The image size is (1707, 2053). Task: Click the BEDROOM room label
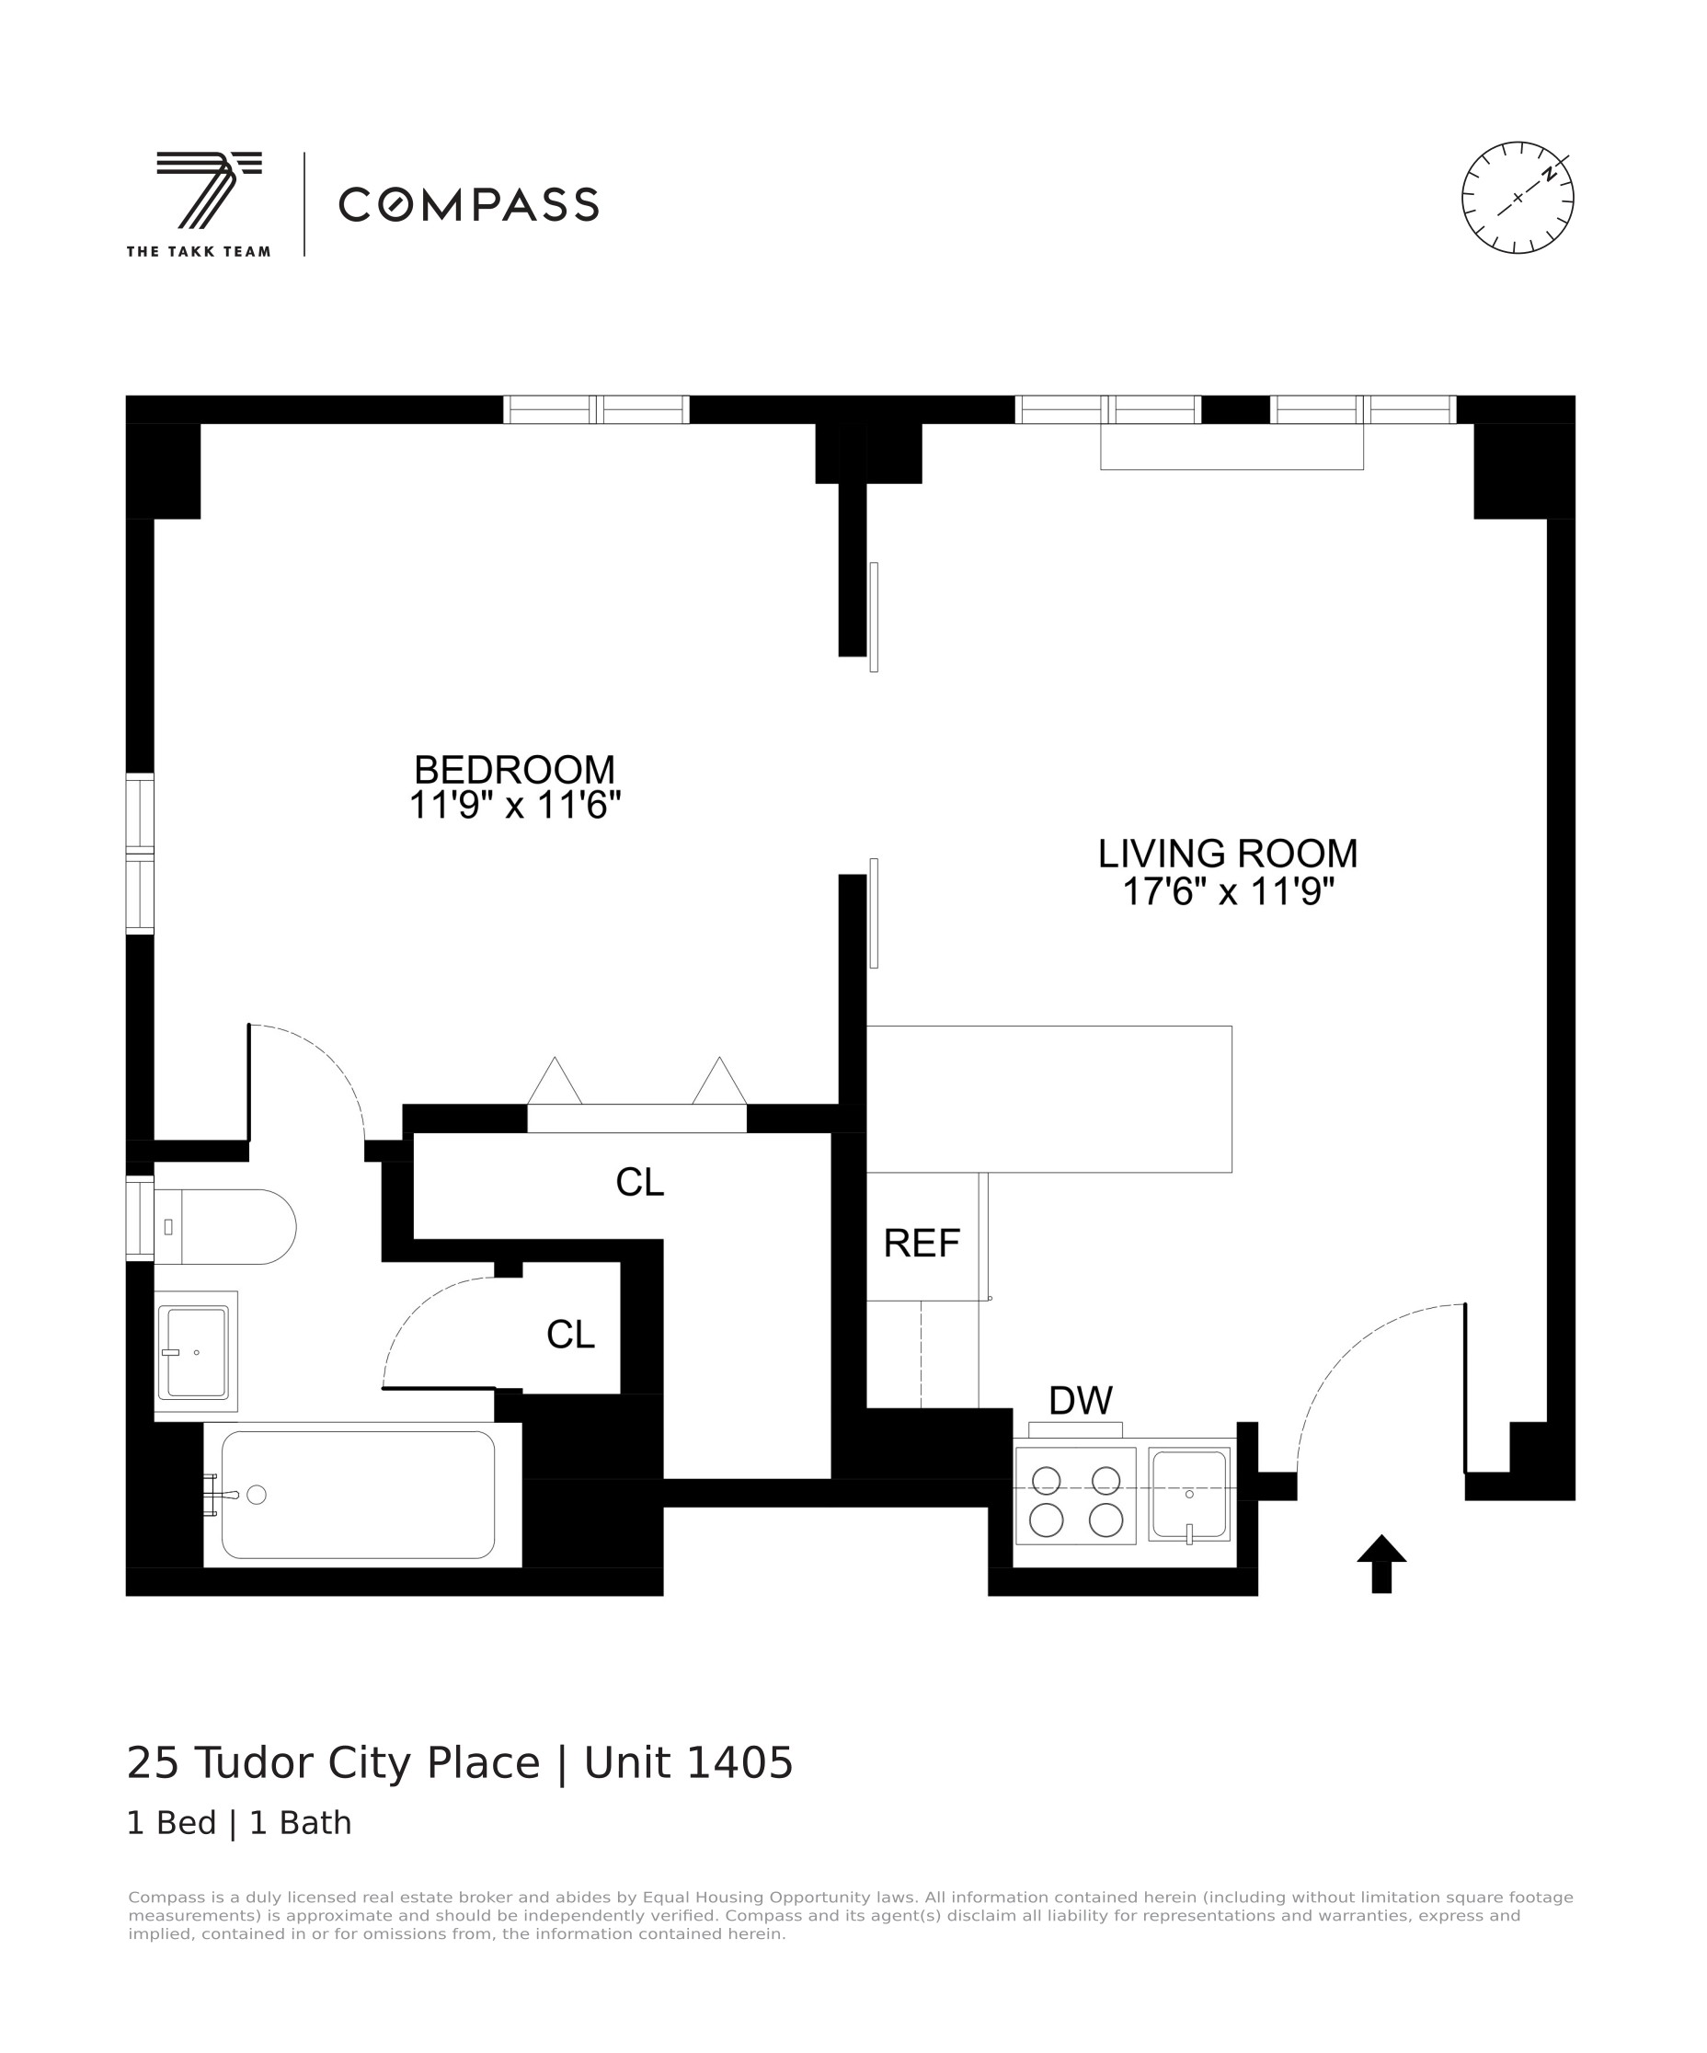point(514,769)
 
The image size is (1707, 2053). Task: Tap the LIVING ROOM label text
point(1227,854)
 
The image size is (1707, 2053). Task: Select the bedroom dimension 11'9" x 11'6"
point(514,806)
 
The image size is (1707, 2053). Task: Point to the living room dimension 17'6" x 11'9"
point(1227,891)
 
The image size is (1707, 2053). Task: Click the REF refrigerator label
point(921,1244)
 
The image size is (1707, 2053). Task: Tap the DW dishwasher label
point(1080,1401)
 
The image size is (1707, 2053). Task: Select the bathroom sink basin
point(196,1352)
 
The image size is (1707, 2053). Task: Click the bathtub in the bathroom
point(357,1495)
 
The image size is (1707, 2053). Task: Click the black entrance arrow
point(1380,1562)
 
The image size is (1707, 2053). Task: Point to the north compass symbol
point(1518,198)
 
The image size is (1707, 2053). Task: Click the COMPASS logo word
point(468,204)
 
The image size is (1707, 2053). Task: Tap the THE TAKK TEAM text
point(199,251)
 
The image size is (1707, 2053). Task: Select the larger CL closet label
point(639,1183)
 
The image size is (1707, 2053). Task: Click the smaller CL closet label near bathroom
point(570,1335)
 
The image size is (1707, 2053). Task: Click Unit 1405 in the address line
point(688,1763)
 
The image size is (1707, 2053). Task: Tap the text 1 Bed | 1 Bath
point(238,1823)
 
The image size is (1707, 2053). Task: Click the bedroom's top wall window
point(595,409)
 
